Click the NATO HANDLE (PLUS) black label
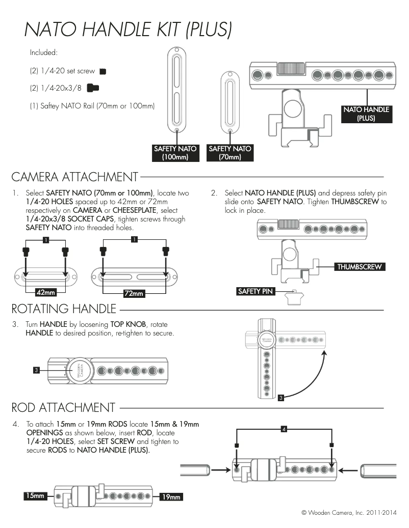[x=366, y=114]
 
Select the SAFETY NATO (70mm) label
[x=230, y=153]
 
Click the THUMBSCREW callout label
[x=359, y=267]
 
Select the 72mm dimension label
[x=134, y=293]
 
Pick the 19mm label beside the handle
[x=171, y=496]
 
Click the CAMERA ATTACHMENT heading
[x=74, y=177]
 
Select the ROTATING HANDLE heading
[x=64, y=309]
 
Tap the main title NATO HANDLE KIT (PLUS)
[x=128, y=30]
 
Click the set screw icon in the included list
[x=103, y=71]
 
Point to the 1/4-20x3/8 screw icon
[x=93, y=88]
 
